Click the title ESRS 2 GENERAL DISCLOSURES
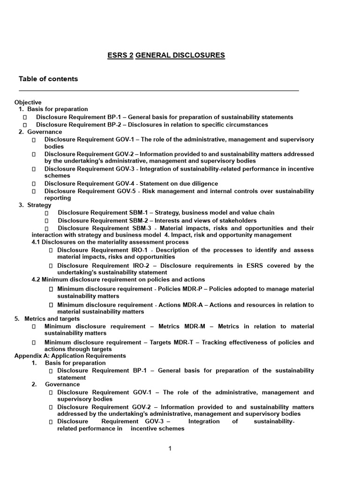(166, 55)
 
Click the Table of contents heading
(48, 79)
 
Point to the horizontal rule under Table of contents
(159, 90)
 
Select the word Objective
(28, 102)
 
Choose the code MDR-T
(179, 342)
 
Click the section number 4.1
(36, 242)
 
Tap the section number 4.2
(36, 279)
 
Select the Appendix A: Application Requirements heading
(70, 356)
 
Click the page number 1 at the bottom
(170, 449)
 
